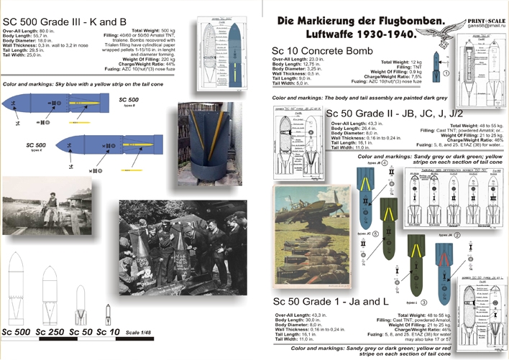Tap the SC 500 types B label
(x=129, y=101)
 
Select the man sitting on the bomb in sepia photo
(x=52, y=205)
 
